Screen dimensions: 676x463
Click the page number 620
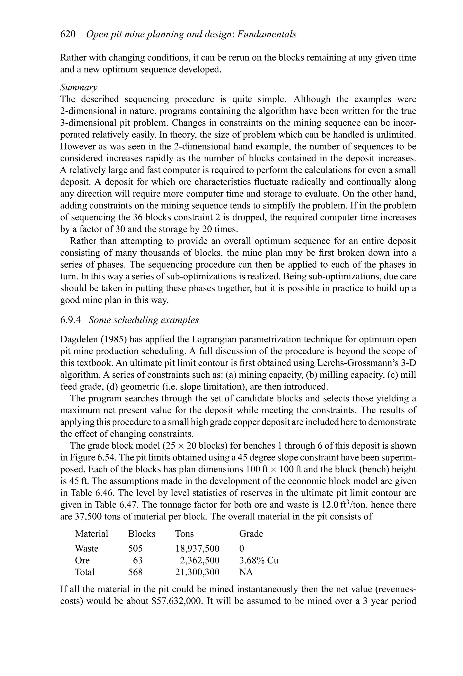(68, 34)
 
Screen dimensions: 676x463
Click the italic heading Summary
(79, 87)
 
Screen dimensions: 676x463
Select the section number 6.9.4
(70, 320)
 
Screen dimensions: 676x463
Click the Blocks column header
(142, 534)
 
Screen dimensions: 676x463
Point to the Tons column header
(184, 534)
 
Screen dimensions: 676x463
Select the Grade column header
(251, 534)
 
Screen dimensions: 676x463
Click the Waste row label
(87, 549)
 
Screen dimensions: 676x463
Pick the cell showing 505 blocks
(135, 549)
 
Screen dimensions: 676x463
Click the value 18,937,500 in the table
(197, 549)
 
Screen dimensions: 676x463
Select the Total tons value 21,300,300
(197, 572)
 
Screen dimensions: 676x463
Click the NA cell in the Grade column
(246, 572)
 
